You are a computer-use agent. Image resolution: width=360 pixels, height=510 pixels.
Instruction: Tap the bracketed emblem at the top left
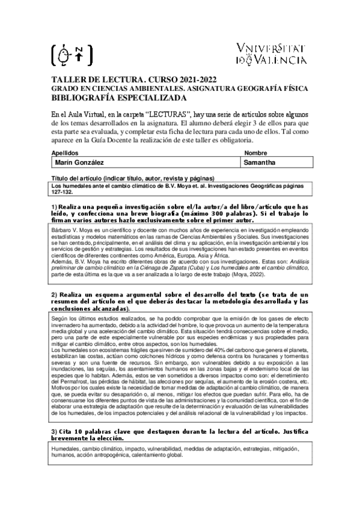pyautogui.click(x=73, y=54)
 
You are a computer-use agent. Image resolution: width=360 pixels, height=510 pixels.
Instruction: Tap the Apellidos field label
pyautogui.click(x=66, y=153)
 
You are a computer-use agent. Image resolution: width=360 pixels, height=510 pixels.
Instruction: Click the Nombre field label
pyautogui.click(x=256, y=153)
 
